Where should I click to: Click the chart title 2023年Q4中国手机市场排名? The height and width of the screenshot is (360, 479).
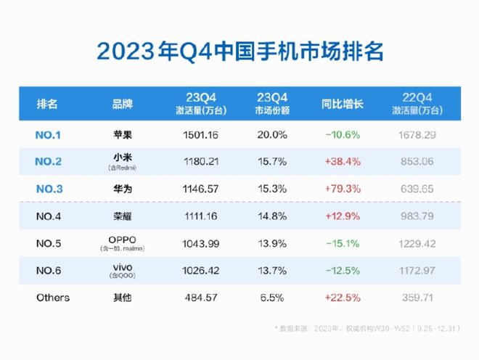point(239,52)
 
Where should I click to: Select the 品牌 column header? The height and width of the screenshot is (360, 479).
point(123,103)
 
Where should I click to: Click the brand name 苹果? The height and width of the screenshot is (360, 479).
point(123,135)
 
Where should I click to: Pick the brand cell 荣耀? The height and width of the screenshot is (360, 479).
point(123,216)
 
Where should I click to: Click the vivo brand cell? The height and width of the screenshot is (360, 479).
point(123,271)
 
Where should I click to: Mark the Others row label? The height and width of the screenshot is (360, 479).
point(53,298)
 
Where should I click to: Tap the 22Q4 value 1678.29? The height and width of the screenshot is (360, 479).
point(419,135)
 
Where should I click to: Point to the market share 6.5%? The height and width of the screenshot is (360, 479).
point(272,298)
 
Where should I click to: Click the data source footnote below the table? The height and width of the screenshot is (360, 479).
point(367,329)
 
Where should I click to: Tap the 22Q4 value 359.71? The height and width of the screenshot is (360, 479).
point(419,298)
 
